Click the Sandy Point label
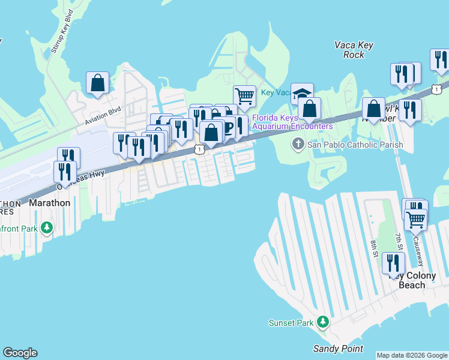pyautogui.click(x=338, y=349)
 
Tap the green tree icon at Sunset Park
pyautogui.click(x=323, y=322)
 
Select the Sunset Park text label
pyautogui.click(x=291, y=323)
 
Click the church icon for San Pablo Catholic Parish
pyautogui.click(x=298, y=144)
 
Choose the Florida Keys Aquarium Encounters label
pyautogui.click(x=292, y=122)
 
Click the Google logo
pyautogui.click(x=20, y=353)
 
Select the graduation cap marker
pyautogui.click(x=303, y=94)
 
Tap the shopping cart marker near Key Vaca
pyautogui.click(x=244, y=95)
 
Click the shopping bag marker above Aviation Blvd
pyautogui.click(x=97, y=83)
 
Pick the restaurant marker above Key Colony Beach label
pyautogui.click(x=393, y=263)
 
